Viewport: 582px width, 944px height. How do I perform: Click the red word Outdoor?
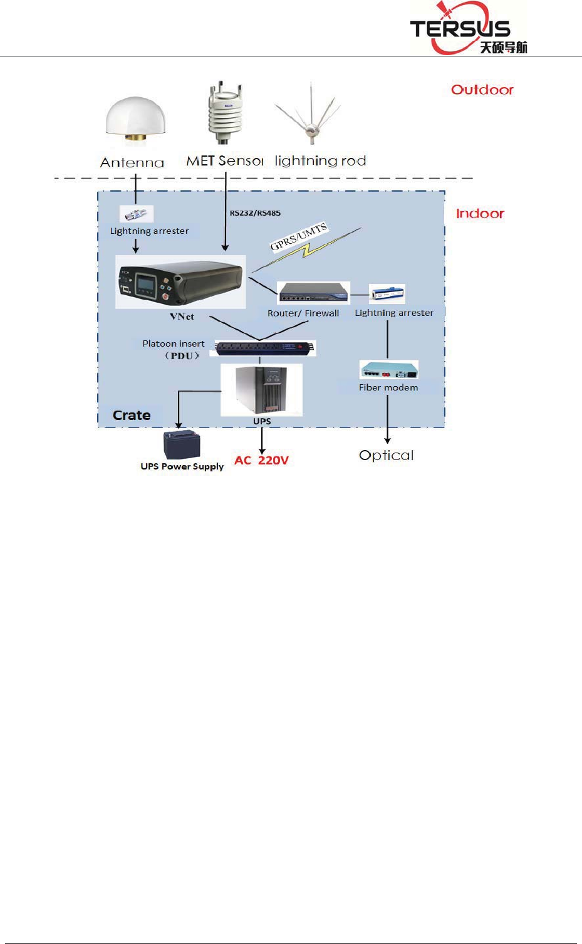482,90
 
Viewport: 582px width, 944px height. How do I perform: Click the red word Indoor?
480,214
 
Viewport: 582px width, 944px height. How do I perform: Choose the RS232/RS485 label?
255,213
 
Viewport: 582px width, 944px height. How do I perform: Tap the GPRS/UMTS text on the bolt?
298,237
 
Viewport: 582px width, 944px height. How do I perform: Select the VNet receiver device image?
181,281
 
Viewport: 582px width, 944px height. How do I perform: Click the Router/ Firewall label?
303,313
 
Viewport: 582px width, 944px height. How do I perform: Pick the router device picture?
313,293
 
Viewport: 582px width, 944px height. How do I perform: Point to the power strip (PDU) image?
264,348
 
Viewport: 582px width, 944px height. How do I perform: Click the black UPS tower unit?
262,390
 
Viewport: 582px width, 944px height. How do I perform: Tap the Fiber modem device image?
388,370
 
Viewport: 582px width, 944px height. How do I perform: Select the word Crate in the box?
132,415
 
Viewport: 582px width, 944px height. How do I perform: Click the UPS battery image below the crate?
182,444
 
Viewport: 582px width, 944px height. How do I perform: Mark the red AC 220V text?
261,460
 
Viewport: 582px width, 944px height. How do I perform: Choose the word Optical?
387,455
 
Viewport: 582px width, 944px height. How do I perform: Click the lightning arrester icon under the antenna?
136,214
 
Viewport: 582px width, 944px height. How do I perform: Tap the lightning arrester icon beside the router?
387,293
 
